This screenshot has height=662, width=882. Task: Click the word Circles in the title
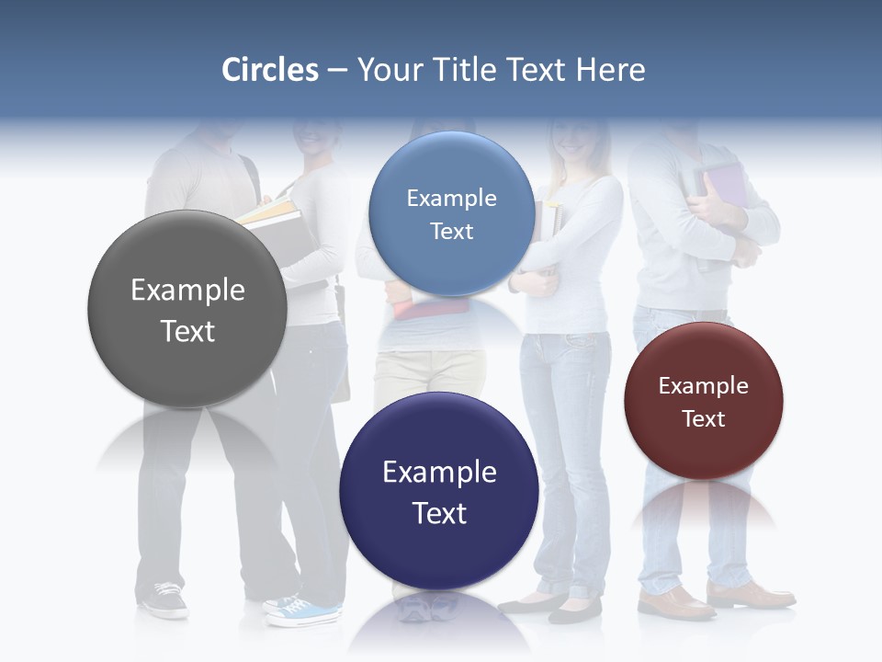(270, 70)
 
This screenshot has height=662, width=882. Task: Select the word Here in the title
(610, 70)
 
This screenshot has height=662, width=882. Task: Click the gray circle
(187, 309)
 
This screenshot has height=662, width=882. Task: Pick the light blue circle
(451, 213)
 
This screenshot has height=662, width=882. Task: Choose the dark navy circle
(439, 491)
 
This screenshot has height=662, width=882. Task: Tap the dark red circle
(703, 401)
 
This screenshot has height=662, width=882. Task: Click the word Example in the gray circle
(187, 291)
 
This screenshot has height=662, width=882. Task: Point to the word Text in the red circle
(704, 419)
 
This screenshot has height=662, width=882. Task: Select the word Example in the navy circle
(439, 473)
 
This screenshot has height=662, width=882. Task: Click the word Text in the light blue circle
(451, 232)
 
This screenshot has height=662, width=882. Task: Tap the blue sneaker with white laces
(303, 611)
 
